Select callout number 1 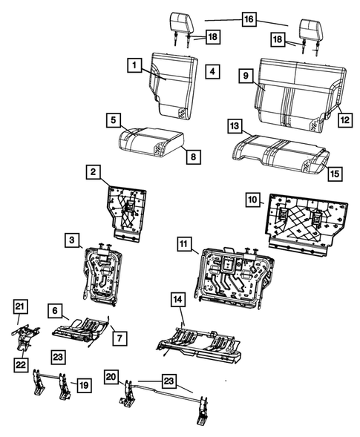click(134, 67)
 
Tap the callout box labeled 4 click(212, 71)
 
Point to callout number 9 click(244, 75)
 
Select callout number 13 click(234, 127)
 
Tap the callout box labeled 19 click(84, 384)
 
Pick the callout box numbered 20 click(112, 377)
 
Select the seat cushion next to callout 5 click(148, 139)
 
